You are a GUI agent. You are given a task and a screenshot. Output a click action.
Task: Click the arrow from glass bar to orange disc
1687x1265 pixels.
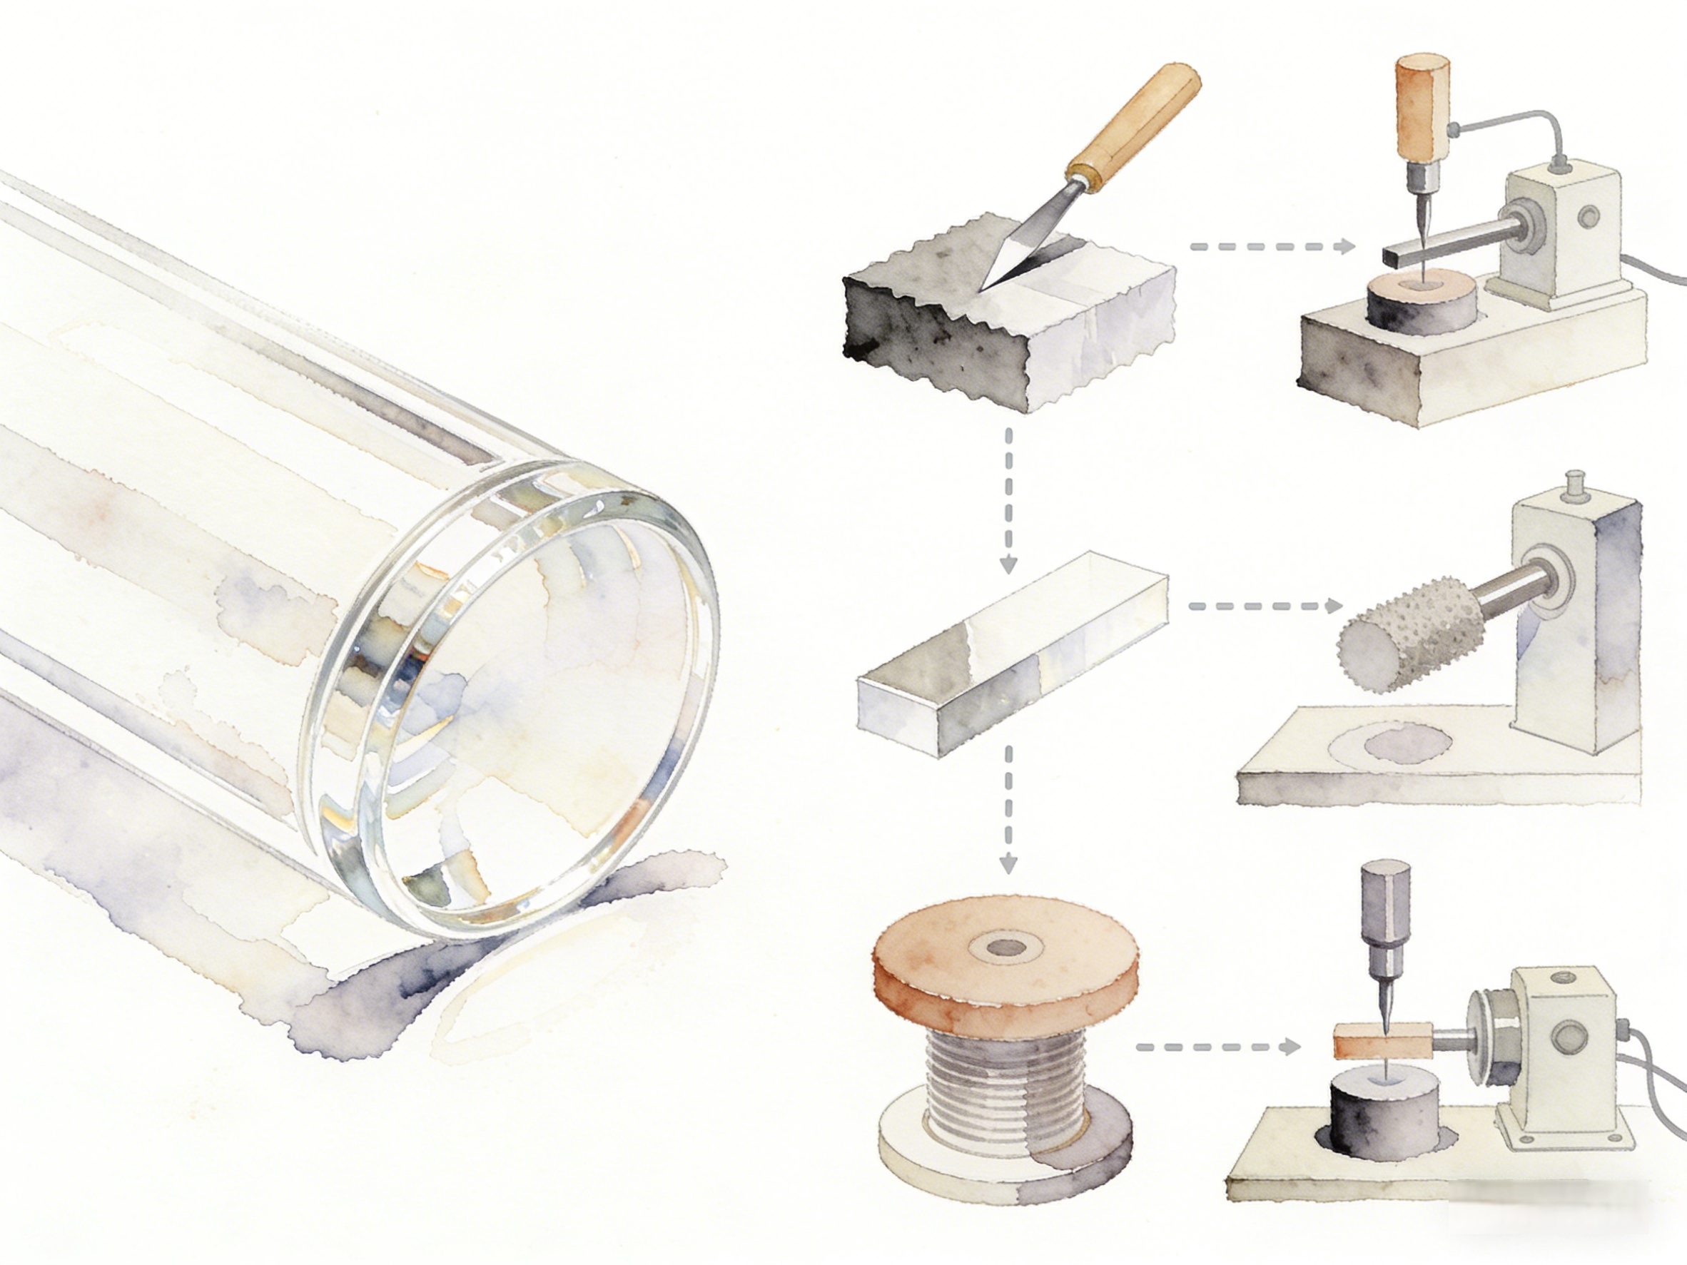1008,808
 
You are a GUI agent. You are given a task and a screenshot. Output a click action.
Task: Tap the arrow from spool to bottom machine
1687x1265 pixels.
1217,1046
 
